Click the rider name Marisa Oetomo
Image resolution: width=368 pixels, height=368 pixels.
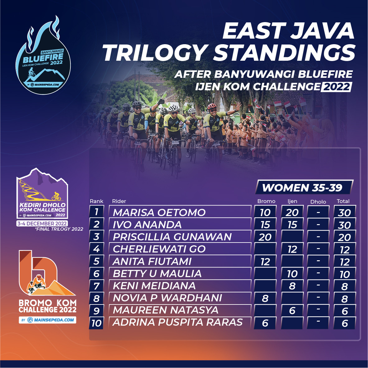tap(159, 212)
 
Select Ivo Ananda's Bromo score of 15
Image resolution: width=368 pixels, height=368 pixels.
tap(265, 225)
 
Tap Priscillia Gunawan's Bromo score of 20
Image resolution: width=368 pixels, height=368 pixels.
tap(265, 237)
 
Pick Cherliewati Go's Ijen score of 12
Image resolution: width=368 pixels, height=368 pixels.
tap(292, 249)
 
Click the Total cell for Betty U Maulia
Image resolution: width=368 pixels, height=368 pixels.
tap(345, 274)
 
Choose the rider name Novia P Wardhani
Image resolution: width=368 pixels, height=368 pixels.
tap(167, 298)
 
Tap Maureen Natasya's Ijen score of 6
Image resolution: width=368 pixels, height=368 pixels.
tap(292, 311)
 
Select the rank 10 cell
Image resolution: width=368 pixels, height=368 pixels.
tap(96, 323)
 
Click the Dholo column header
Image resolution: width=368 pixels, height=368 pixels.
tap(318, 202)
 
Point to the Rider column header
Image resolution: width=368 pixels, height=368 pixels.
tap(119, 201)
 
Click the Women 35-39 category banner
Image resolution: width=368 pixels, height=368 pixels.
tap(304, 187)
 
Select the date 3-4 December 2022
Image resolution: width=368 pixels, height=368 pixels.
tap(42, 224)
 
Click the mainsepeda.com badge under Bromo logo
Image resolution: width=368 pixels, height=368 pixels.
tap(47, 320)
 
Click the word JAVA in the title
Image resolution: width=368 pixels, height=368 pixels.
tap(323, 31)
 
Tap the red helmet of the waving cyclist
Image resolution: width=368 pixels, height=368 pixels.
tap(212, 106)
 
